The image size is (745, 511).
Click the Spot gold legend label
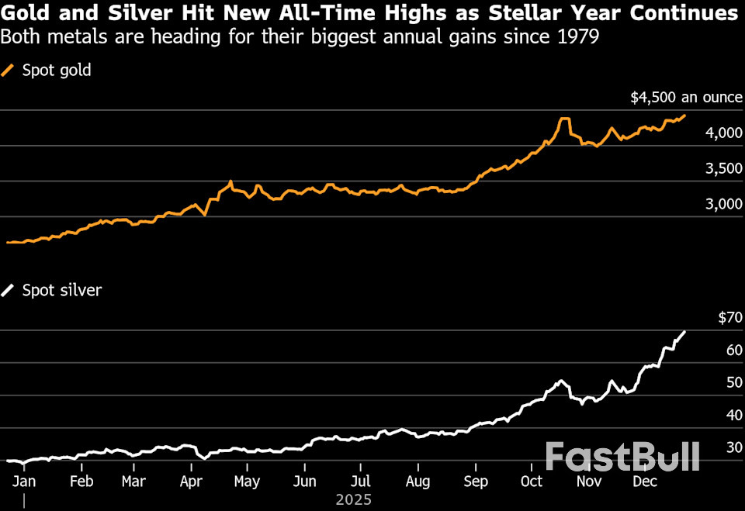pyautogui.click(x=57, y=71)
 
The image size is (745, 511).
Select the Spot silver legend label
pyautogui.click(x=62, y=291)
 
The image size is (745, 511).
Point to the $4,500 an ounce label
pyautogui.click(x=686, y=98)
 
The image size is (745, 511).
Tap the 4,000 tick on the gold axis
pyautogui.click(x=726, y=133)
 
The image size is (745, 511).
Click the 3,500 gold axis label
pyautogui.click(x=726, y=169)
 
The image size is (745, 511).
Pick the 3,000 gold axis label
pyautogui.click(x=726, y=204)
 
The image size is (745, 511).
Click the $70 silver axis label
pyautogui.click(x=729, y=317)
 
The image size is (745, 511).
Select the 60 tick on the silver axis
pyautogui.click(x=733, y=350)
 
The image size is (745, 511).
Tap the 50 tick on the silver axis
pyautogui.click(x=733, y=383)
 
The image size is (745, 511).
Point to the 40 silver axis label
pyautogui.click(x=733, y=416)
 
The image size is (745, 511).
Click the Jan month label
pyautogui.click(x=25, y=482)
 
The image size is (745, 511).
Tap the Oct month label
pyautogui.click(x=532, y=482)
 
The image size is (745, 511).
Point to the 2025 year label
pyautogui.click(x=353, y=500)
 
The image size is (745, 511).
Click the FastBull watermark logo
pyautogui.click(x=622, y=457)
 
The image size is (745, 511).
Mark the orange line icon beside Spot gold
pyautogui.click(x=9, y=71)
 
